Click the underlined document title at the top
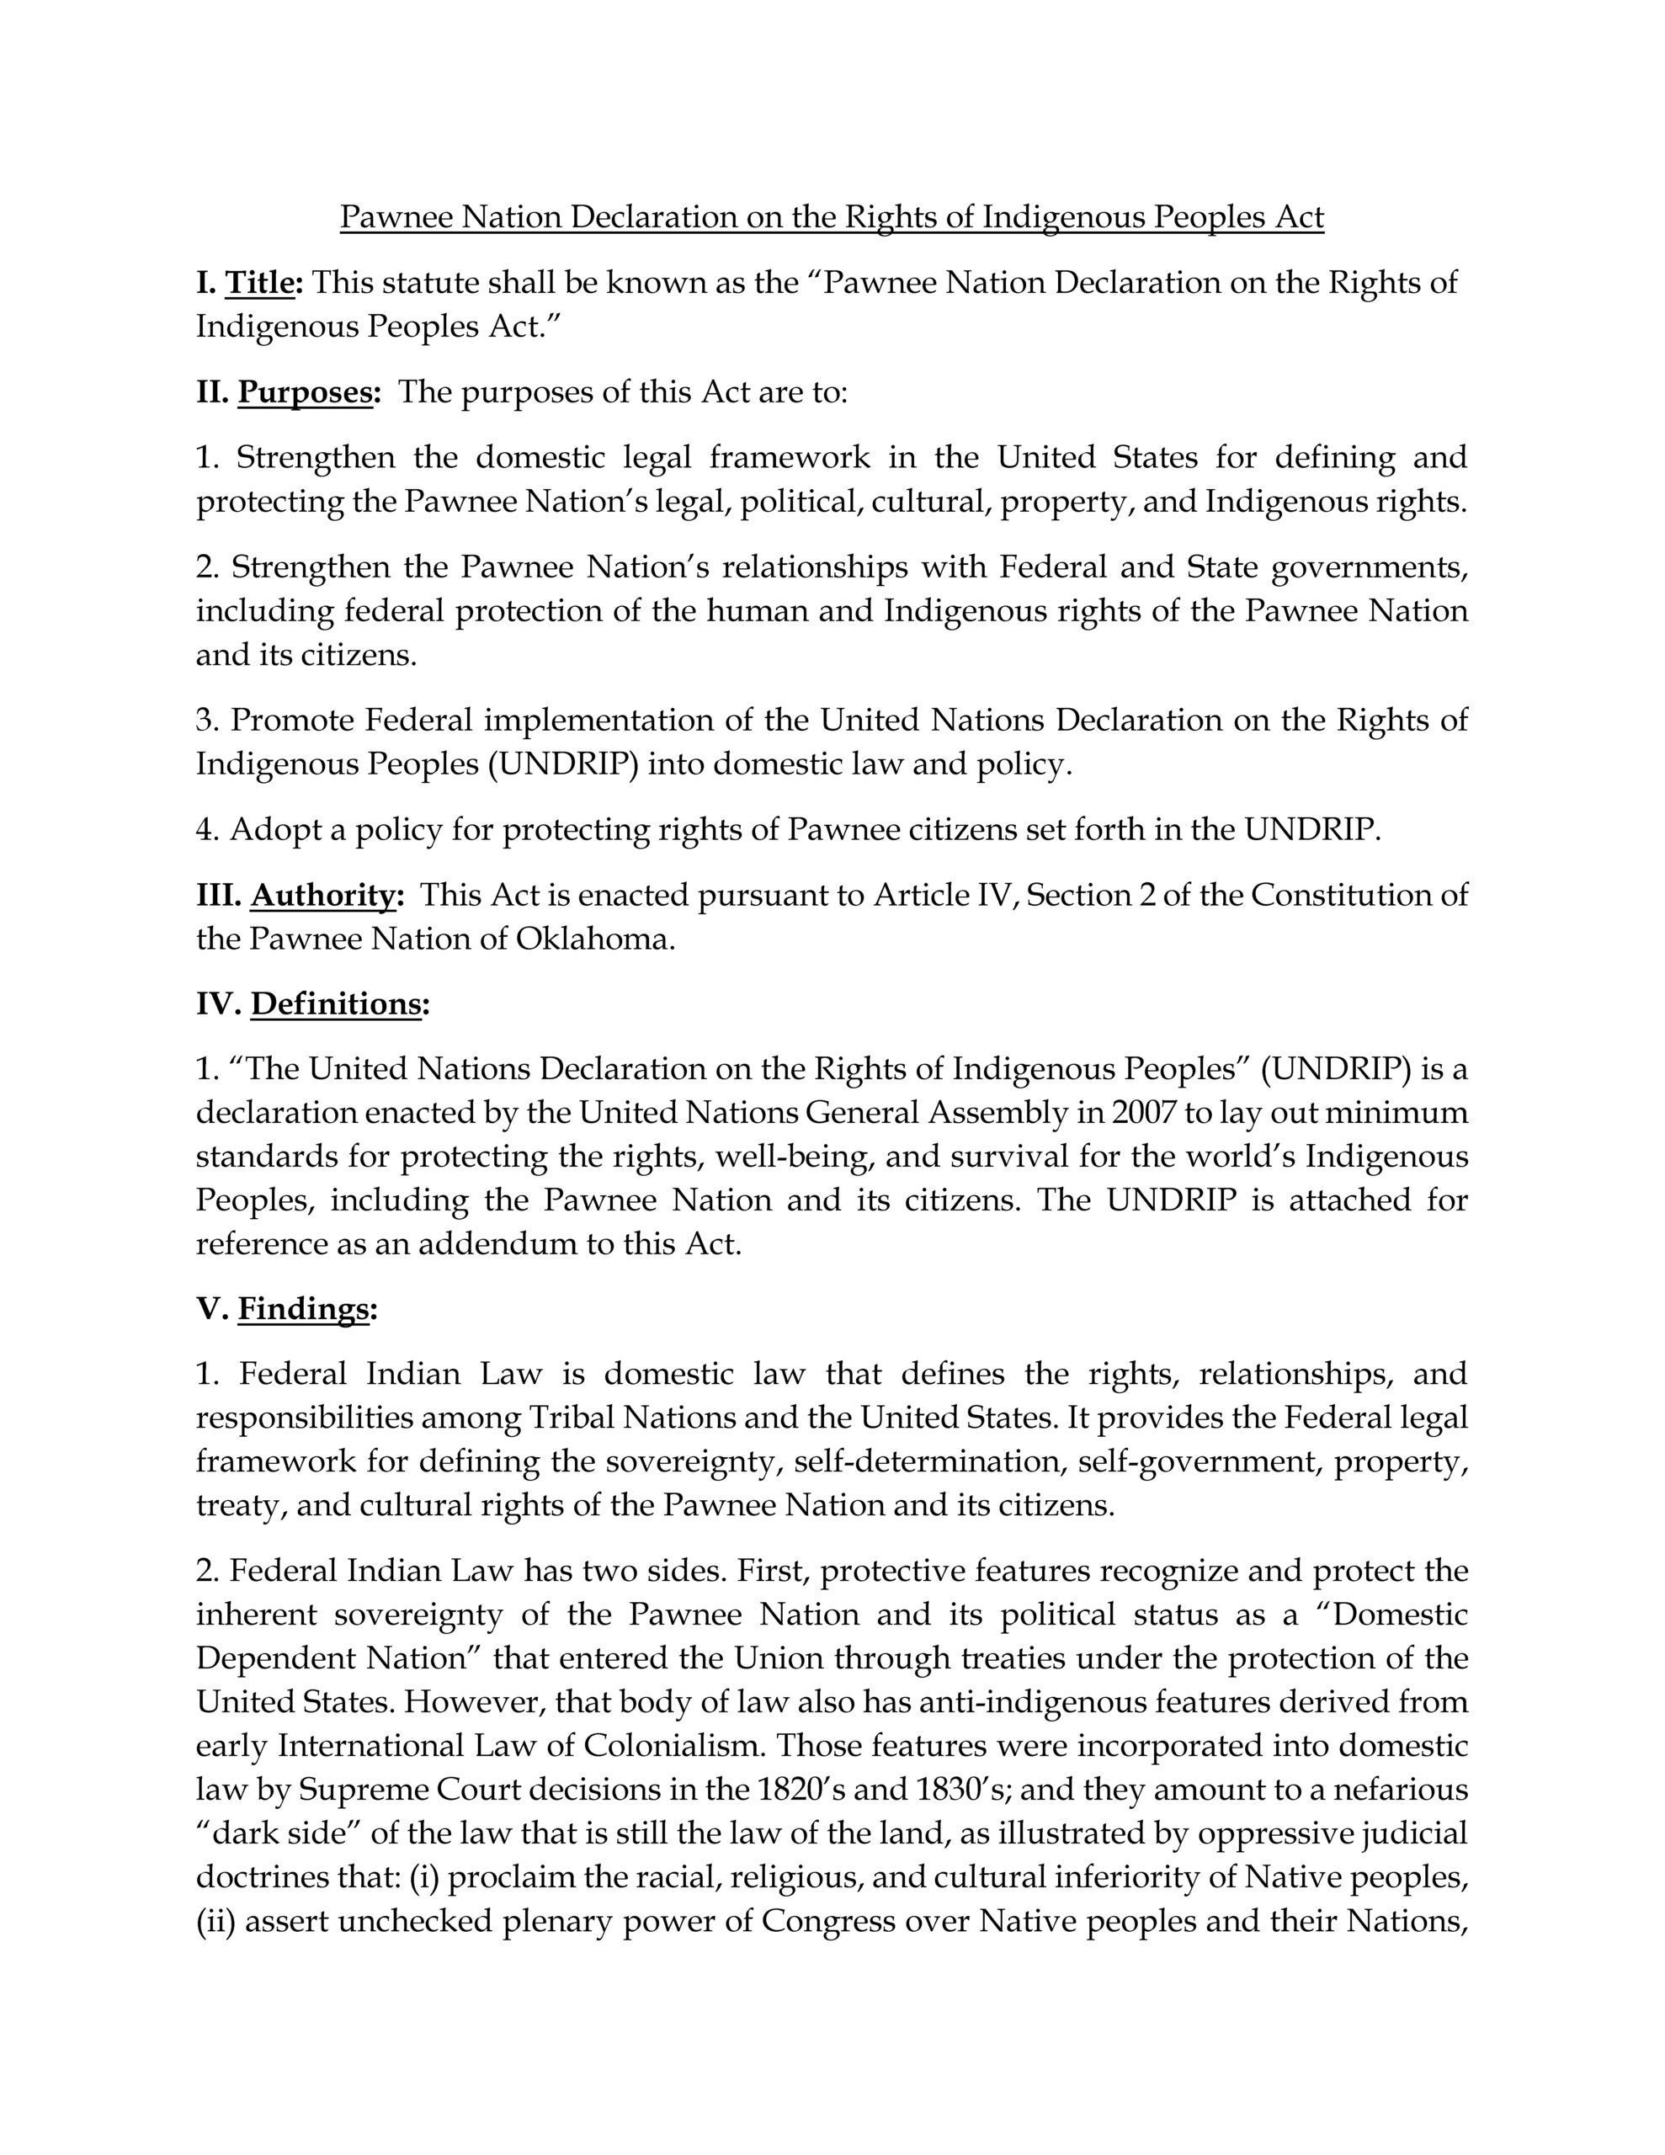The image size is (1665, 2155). [831, 216]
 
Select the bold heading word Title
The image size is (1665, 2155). [261, 282]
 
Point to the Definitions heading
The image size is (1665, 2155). [336, 1003]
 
